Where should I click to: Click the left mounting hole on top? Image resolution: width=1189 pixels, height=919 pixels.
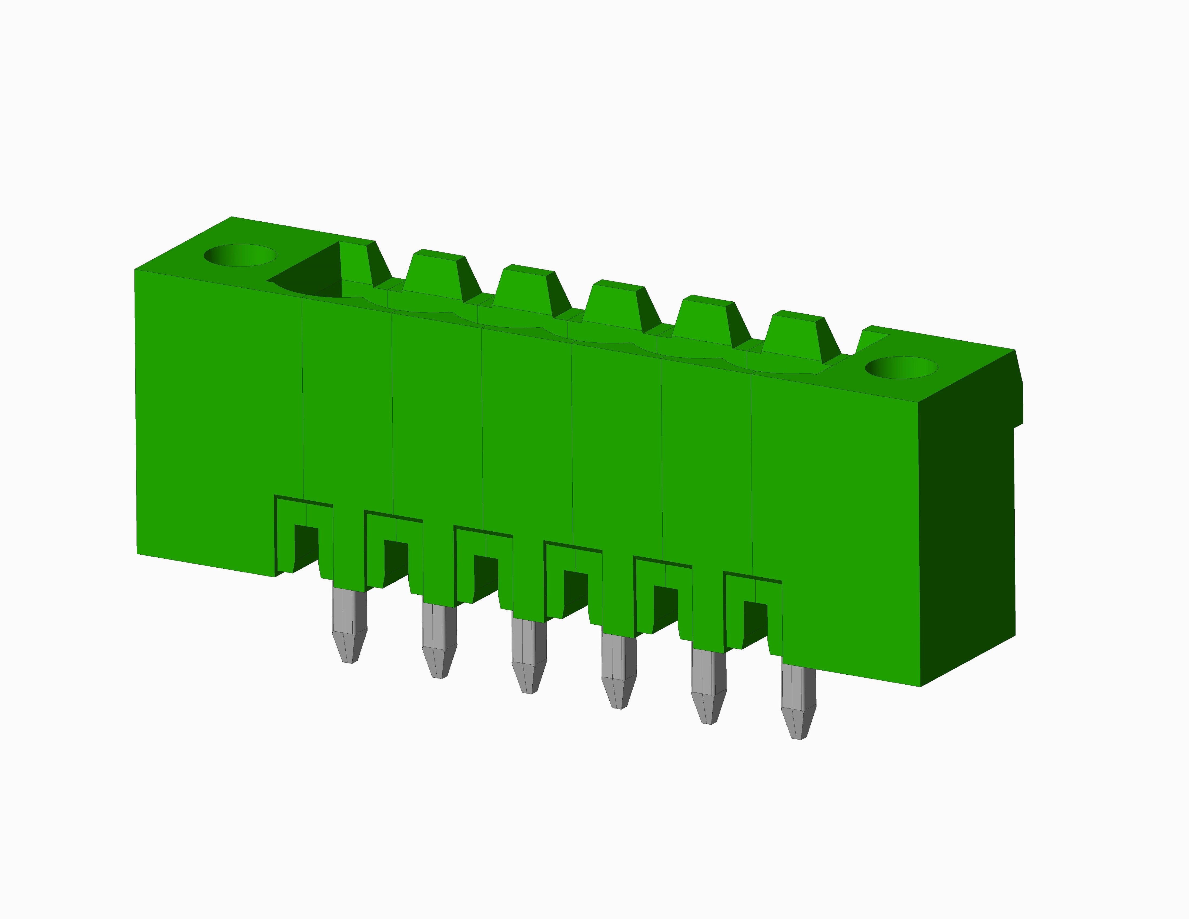(240, 255)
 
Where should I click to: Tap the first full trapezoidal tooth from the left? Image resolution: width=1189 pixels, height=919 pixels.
(436, 275)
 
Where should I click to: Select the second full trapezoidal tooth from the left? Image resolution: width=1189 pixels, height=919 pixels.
(525, 290)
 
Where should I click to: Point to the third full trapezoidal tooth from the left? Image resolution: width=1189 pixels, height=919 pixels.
(615, 305)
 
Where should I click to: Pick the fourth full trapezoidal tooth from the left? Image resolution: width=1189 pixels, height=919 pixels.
(705, 321)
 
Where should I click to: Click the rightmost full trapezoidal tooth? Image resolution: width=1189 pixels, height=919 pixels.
(795, 336)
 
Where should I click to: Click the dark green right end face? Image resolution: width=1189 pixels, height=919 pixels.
(966, 523)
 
